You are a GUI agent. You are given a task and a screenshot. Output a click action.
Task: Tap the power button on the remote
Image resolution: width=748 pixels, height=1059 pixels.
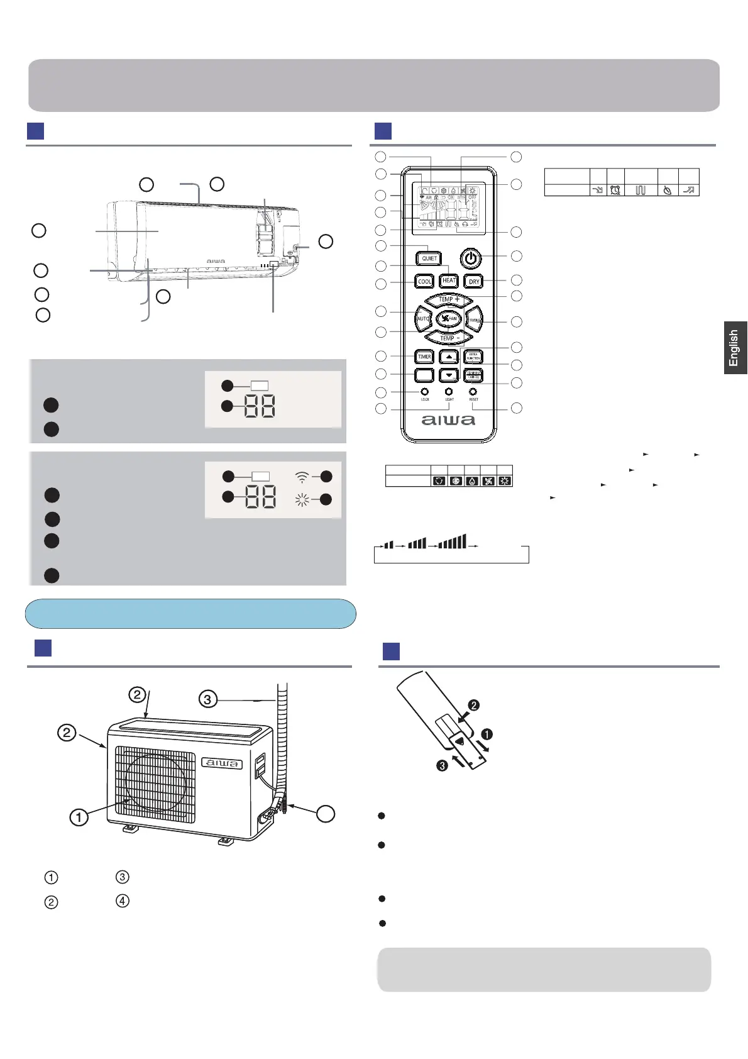pos(471,258)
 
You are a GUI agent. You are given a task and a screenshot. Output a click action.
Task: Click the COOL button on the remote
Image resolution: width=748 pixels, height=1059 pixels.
pos(425,281)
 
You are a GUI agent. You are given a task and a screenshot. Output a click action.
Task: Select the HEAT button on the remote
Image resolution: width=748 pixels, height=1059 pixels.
pos(449,280)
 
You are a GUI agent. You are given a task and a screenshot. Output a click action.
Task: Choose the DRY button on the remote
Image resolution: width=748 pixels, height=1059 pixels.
pos(474,281)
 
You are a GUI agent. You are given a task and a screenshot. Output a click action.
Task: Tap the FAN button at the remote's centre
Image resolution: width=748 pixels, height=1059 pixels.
pos(448,318)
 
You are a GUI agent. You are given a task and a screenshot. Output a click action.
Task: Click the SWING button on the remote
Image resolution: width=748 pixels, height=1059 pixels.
pos(475,320)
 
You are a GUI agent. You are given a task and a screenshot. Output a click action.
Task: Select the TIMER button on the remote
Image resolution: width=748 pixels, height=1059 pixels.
pos(424,357)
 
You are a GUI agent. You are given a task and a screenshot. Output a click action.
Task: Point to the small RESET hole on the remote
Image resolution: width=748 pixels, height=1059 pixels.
pos(473,392)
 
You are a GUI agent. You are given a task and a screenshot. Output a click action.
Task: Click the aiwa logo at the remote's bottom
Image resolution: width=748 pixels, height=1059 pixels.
pos(448,420)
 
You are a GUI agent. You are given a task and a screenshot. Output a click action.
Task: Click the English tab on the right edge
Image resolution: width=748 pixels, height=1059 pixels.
pos(734,348)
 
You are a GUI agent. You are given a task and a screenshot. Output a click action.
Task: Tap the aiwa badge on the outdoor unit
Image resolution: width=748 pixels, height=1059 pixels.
pos(222,763)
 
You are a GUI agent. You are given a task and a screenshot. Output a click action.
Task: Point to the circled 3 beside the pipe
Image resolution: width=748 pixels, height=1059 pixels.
pos(207,699)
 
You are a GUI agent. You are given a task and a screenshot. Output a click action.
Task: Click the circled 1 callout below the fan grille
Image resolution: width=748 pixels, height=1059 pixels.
pos(79,817)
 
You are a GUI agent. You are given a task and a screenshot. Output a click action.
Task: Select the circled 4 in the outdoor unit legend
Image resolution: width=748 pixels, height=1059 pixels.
pos(123,901)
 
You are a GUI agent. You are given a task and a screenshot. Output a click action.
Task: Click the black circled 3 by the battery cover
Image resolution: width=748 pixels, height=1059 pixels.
pos(443,765)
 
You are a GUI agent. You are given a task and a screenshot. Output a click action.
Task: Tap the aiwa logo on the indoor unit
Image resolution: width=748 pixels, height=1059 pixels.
pos(216,261)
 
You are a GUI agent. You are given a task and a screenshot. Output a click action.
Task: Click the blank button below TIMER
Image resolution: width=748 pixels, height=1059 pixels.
pos(424,375)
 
